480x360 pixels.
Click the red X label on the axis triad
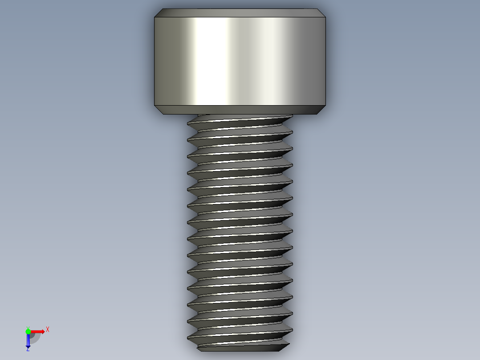point(47,329)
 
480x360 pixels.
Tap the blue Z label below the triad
point(28,349)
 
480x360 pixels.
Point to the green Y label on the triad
point(28,327)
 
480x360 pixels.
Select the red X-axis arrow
point(38,331)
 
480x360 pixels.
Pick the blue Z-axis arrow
point(28,341)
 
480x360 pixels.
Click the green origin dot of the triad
point(28,331)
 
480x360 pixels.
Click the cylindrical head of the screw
point(240,61)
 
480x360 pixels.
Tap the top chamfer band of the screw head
point(240,13)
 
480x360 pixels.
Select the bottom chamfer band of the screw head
point(240,110)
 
